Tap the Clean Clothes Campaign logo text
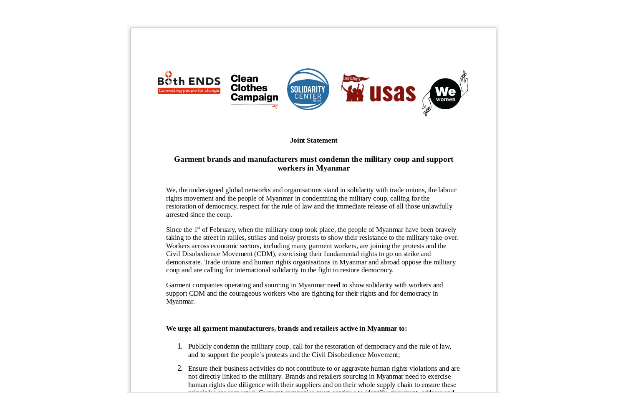254,88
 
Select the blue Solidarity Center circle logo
308,89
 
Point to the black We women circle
445,94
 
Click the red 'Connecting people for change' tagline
189,91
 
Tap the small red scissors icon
275,107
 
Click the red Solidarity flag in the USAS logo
355,78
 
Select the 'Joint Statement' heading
313,141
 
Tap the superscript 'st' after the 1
199,228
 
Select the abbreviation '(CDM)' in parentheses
265,254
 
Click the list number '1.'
180,347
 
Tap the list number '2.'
180,369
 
